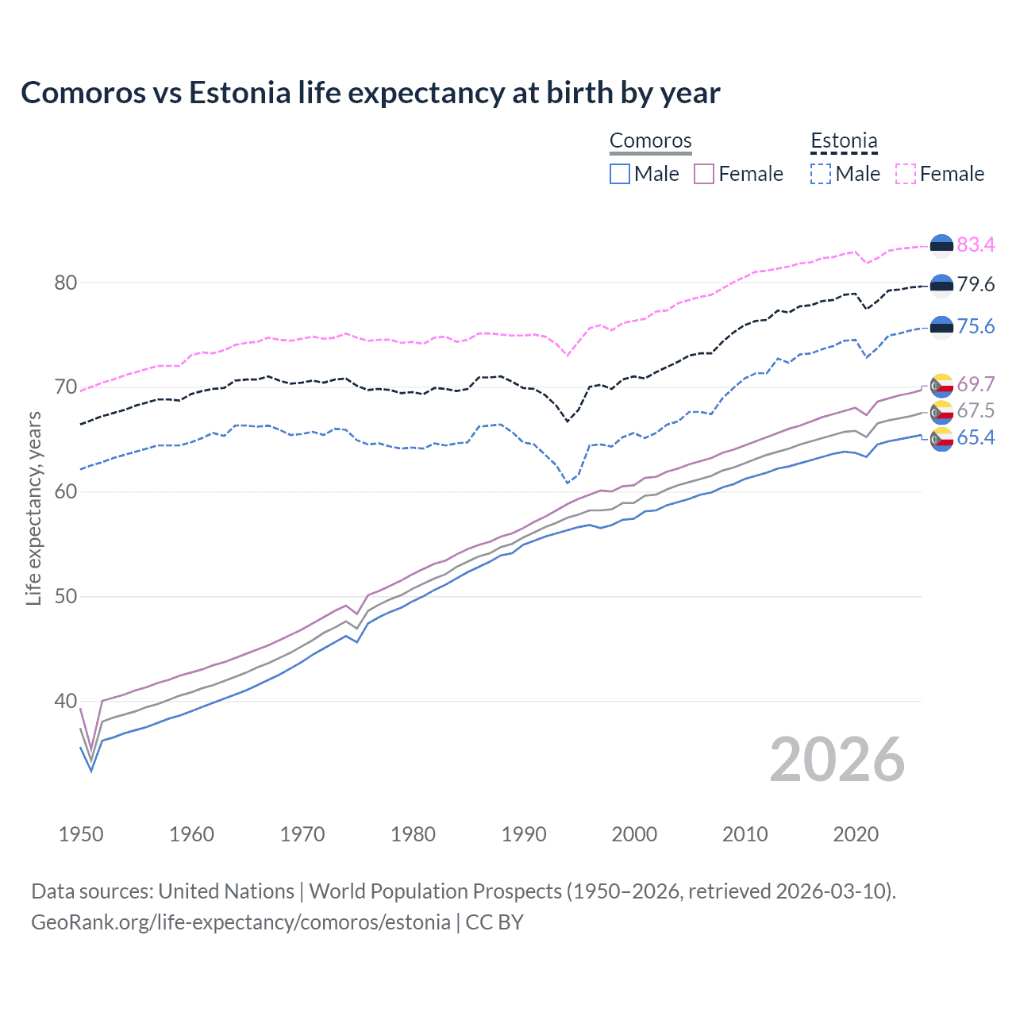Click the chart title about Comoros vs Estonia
(371, 93)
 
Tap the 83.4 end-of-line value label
(976, 244)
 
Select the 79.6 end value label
(976, 284)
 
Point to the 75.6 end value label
(976, 326)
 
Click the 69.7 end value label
(976, 384)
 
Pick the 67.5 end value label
(976, 410)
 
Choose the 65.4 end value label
(976, 437)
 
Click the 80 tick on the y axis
(65, 283)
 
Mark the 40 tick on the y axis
(65, 701)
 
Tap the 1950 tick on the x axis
(81, 834)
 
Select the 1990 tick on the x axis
(524, 834)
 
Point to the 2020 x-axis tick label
(856, 834)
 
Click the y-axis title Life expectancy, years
(33, 508)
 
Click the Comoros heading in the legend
(651, 140)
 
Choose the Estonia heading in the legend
(844, 140)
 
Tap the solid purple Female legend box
(704, 174)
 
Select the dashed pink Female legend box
(906, 174)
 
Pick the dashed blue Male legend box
(821, 174)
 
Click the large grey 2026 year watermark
(837, 760)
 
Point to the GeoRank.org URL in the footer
(241, 922)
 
